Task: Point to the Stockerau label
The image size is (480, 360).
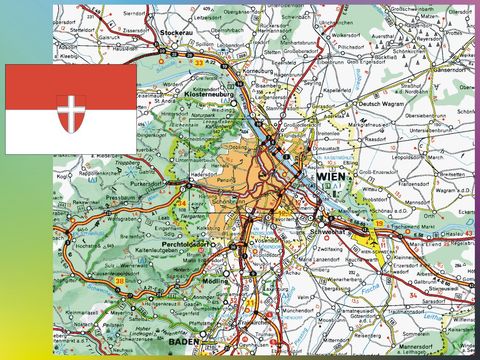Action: pyautogui.click(x=180, y=32)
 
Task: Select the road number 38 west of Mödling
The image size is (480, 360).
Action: pyautogui.click(x=121, y=282)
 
